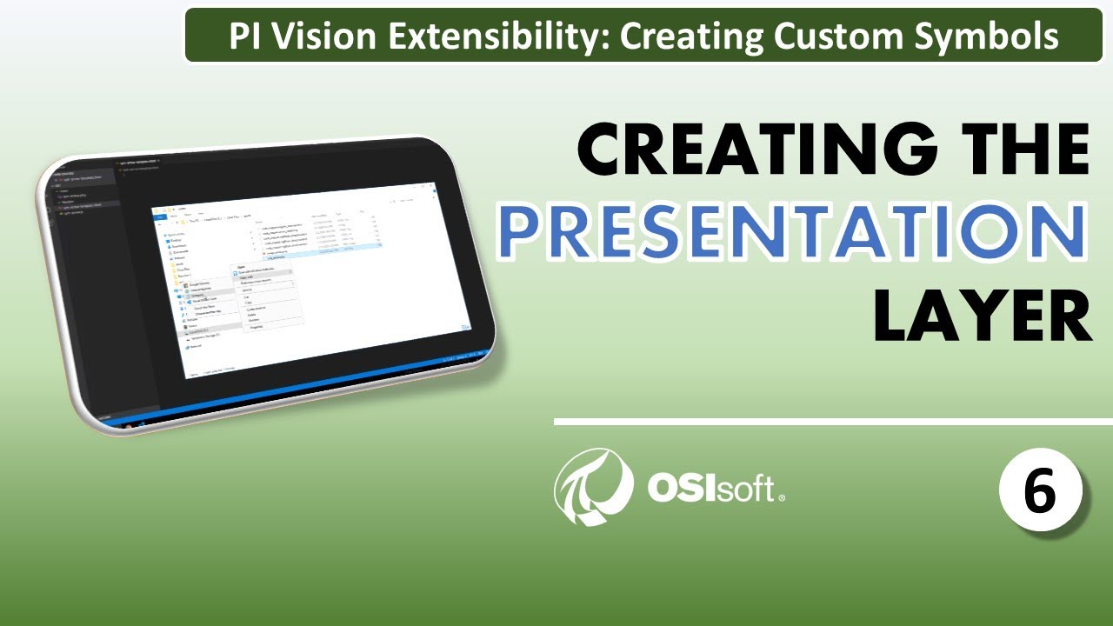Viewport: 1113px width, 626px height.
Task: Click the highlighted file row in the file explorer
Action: [x=330, y=249]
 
